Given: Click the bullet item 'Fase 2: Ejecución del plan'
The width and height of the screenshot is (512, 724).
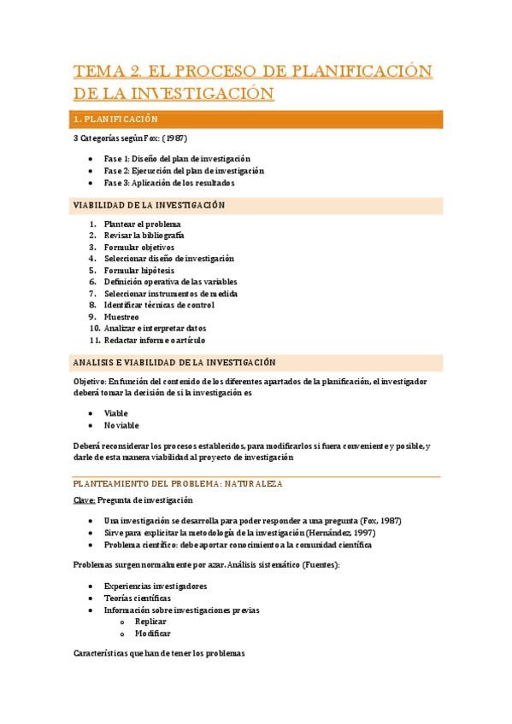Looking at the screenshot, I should tap(183, 171).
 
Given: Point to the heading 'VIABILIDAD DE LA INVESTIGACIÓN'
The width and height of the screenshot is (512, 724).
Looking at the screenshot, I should tap(149, 206).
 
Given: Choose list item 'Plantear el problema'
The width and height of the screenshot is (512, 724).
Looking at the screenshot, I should tap(143, 224).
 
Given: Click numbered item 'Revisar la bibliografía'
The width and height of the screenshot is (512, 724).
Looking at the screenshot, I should tap(144, 235).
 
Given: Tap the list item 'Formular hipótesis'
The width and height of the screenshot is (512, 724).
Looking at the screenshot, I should tap(138, 270).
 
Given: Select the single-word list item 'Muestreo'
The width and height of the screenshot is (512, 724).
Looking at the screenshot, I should tap(121, 317).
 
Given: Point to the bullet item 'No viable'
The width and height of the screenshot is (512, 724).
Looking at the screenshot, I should tap(121, 425).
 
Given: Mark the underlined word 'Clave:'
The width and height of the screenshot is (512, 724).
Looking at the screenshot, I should tap(84, 500).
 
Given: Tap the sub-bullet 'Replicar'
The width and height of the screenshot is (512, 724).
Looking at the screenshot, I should tap(150, 622).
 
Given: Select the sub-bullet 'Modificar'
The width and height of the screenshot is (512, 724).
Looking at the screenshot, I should tap(153, 633).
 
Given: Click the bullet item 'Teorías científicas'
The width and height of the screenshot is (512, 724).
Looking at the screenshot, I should tap(137, 598).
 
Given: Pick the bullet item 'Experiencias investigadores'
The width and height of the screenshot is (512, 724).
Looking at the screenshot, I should tap(155, 587).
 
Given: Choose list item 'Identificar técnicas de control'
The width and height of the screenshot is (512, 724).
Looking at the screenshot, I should tap(158, 305).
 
